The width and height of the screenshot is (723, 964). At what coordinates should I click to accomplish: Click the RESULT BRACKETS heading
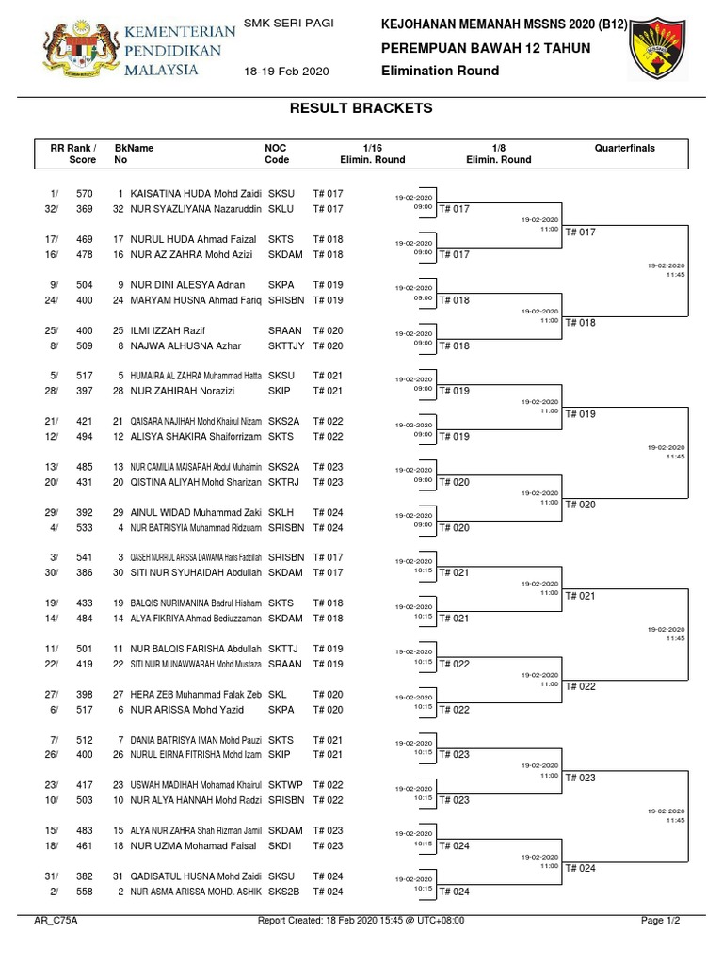click(362, 108)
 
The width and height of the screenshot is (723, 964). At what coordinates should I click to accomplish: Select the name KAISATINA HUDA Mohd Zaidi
click(196, 193)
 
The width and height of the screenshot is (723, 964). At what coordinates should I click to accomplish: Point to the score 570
click(85, 193)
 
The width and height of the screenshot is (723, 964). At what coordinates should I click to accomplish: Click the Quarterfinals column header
click(624, 149)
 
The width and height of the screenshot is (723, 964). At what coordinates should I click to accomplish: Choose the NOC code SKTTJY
click(286, 346)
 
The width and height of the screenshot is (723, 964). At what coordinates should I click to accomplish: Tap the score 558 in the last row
click(85, 892)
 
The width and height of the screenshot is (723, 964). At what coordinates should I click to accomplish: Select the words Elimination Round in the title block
click(440, 71)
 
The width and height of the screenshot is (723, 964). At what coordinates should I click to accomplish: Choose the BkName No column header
click(133, 153)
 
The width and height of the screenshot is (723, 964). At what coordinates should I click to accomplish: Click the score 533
click(85, 528)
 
